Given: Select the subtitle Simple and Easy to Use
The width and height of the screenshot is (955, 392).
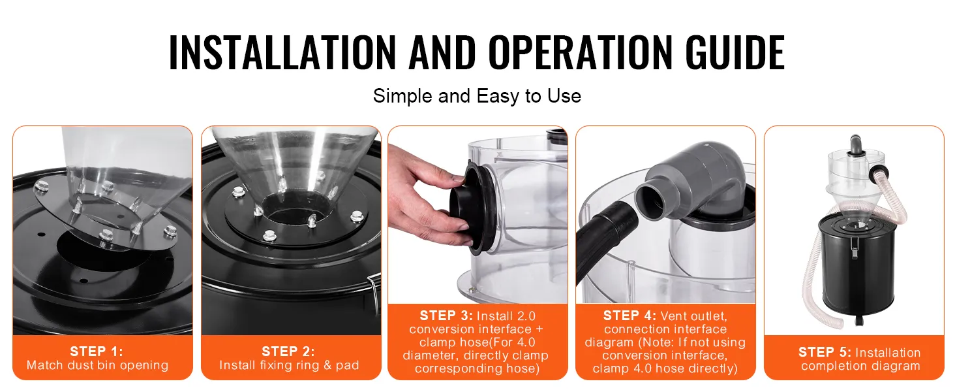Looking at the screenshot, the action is point(477,95).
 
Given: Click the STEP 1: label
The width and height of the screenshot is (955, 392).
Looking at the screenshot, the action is point(97,351).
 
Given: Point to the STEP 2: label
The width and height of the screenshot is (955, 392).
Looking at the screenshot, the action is point(288,351).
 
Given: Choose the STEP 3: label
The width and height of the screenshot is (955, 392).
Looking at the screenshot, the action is point(446,316).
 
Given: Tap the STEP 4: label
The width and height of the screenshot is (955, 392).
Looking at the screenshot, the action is point(629,316).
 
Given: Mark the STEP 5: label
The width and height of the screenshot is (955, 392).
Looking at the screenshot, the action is point(825,352).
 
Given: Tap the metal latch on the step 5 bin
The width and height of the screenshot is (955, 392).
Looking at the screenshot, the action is point(855,248).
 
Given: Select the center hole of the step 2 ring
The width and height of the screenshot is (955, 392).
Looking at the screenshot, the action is point(296,209).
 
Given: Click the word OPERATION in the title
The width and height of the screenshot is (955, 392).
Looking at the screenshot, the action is point(581,52).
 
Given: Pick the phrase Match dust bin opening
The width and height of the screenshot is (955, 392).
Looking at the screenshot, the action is point(97,365).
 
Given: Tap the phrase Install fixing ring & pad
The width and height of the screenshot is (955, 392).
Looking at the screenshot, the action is point(288,365).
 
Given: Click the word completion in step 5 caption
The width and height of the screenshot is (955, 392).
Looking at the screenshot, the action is point(830,366).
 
